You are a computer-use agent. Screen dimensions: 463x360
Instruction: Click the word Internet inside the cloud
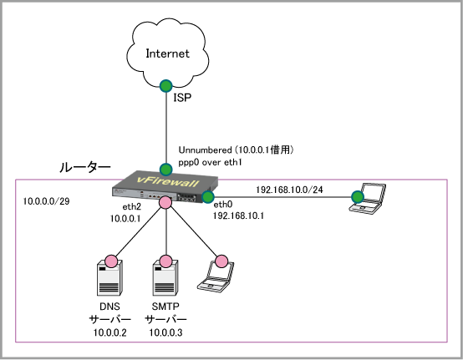[x=167, y=53]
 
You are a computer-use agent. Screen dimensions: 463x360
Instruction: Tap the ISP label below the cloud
[x=182, y=98]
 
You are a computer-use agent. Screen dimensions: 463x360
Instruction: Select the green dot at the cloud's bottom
[x=166, y=86]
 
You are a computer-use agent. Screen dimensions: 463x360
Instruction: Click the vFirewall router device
[x=165, y=187]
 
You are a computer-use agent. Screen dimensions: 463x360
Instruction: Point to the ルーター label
[x=85, y=168]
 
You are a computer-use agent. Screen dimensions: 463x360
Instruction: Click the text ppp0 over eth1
[x=210, y=162]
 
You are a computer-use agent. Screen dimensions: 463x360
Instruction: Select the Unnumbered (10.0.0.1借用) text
[x=236, y=150]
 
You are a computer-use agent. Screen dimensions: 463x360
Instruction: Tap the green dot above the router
[x=166, y=170]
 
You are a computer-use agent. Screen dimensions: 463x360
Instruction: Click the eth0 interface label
[x=223, y=204]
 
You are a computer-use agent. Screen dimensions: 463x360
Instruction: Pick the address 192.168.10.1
[x=238, y=215]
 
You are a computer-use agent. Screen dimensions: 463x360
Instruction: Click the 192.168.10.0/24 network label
[x=289, y=190]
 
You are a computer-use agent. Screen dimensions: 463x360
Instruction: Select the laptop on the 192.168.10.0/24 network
[x=367, y=198]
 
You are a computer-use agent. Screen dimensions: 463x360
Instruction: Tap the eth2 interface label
[x=132, y=206]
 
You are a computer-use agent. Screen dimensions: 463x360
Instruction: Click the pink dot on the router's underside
[x=165, y=202]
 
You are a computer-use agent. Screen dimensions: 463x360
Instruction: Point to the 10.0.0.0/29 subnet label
[x=46, y=201]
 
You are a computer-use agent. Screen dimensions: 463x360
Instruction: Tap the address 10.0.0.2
[x=109, y=332]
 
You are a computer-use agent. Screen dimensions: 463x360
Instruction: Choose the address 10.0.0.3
[x=165, y=332]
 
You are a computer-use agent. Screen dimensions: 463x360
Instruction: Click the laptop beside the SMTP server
[x=216, y=276]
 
